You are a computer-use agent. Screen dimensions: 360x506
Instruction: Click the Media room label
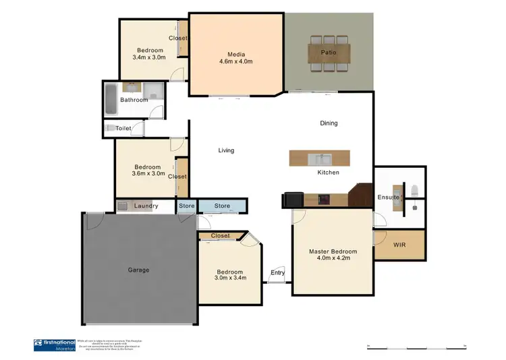click(235, 55)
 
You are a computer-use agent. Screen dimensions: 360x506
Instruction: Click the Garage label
click(138, 270)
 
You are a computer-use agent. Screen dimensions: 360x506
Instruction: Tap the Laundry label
click(146, 206)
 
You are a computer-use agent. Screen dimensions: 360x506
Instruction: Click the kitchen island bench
click(320, 159)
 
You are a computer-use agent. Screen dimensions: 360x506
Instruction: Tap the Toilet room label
click(123, 127)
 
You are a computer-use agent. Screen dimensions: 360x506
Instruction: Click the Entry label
click(277, 272)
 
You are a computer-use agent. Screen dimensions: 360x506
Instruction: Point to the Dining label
click(329, 123)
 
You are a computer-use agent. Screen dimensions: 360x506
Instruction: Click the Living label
click(226, 150)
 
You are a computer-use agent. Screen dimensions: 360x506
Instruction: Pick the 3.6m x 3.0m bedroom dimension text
click(147, 174)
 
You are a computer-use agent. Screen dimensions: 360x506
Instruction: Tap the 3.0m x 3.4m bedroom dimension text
click(230, 277)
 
